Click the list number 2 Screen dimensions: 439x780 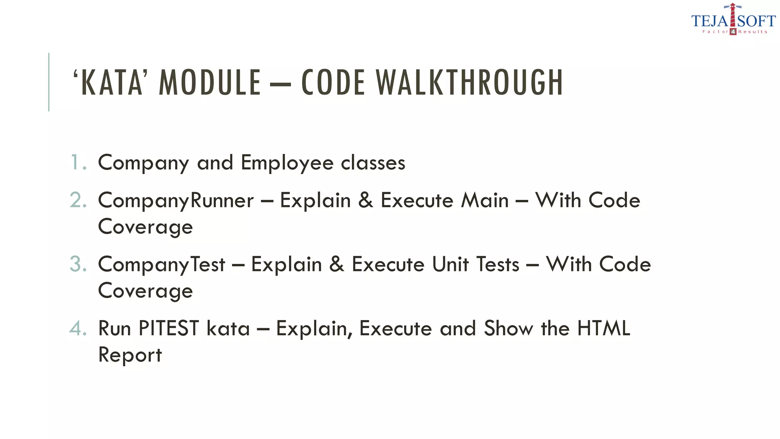pyautogui.click(x=78, y=200)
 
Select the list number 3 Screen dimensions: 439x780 pyautogui.click(x=78, y=264)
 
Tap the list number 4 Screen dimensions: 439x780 pyautogui.click(x=78, y=328)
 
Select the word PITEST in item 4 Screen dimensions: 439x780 pyautogui.click(x=169, y=328)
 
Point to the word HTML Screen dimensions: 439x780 pyautogui.click(x=604, y=328)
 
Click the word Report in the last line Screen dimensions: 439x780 pyautogui.click(x=130, y=355)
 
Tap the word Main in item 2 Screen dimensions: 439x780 pyautogui.click(x=484, y=201)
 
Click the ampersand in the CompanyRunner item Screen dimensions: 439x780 pyautogui.click(x=366, y=201)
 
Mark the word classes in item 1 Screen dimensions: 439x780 pyautogui.click(x=373, y=163)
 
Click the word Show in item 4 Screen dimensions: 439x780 pyautogui.click(x=508, y=328)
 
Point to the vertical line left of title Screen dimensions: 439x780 pyautogui.click(x=49, y=82)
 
